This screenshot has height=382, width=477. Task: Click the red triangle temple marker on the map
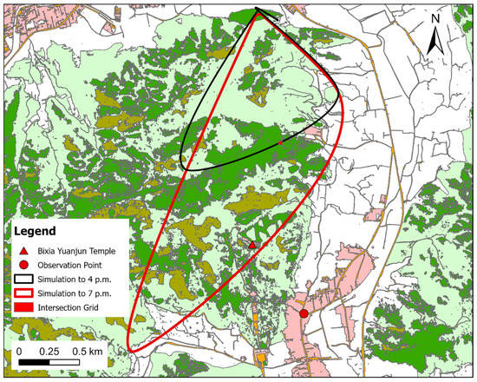(x=252, y=245)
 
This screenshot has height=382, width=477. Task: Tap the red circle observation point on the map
(x=304, y=313)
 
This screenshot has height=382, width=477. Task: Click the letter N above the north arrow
(x=437, y=18)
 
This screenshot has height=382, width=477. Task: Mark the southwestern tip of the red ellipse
(x=130, y=350)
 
